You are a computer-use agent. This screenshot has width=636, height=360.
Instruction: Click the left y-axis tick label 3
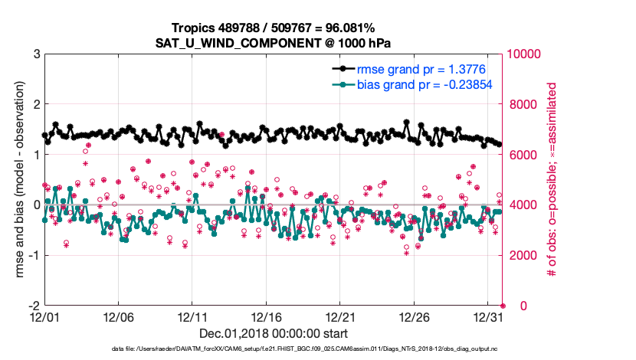point(36,54)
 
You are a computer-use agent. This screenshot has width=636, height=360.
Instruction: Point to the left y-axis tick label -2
point(33,306)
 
